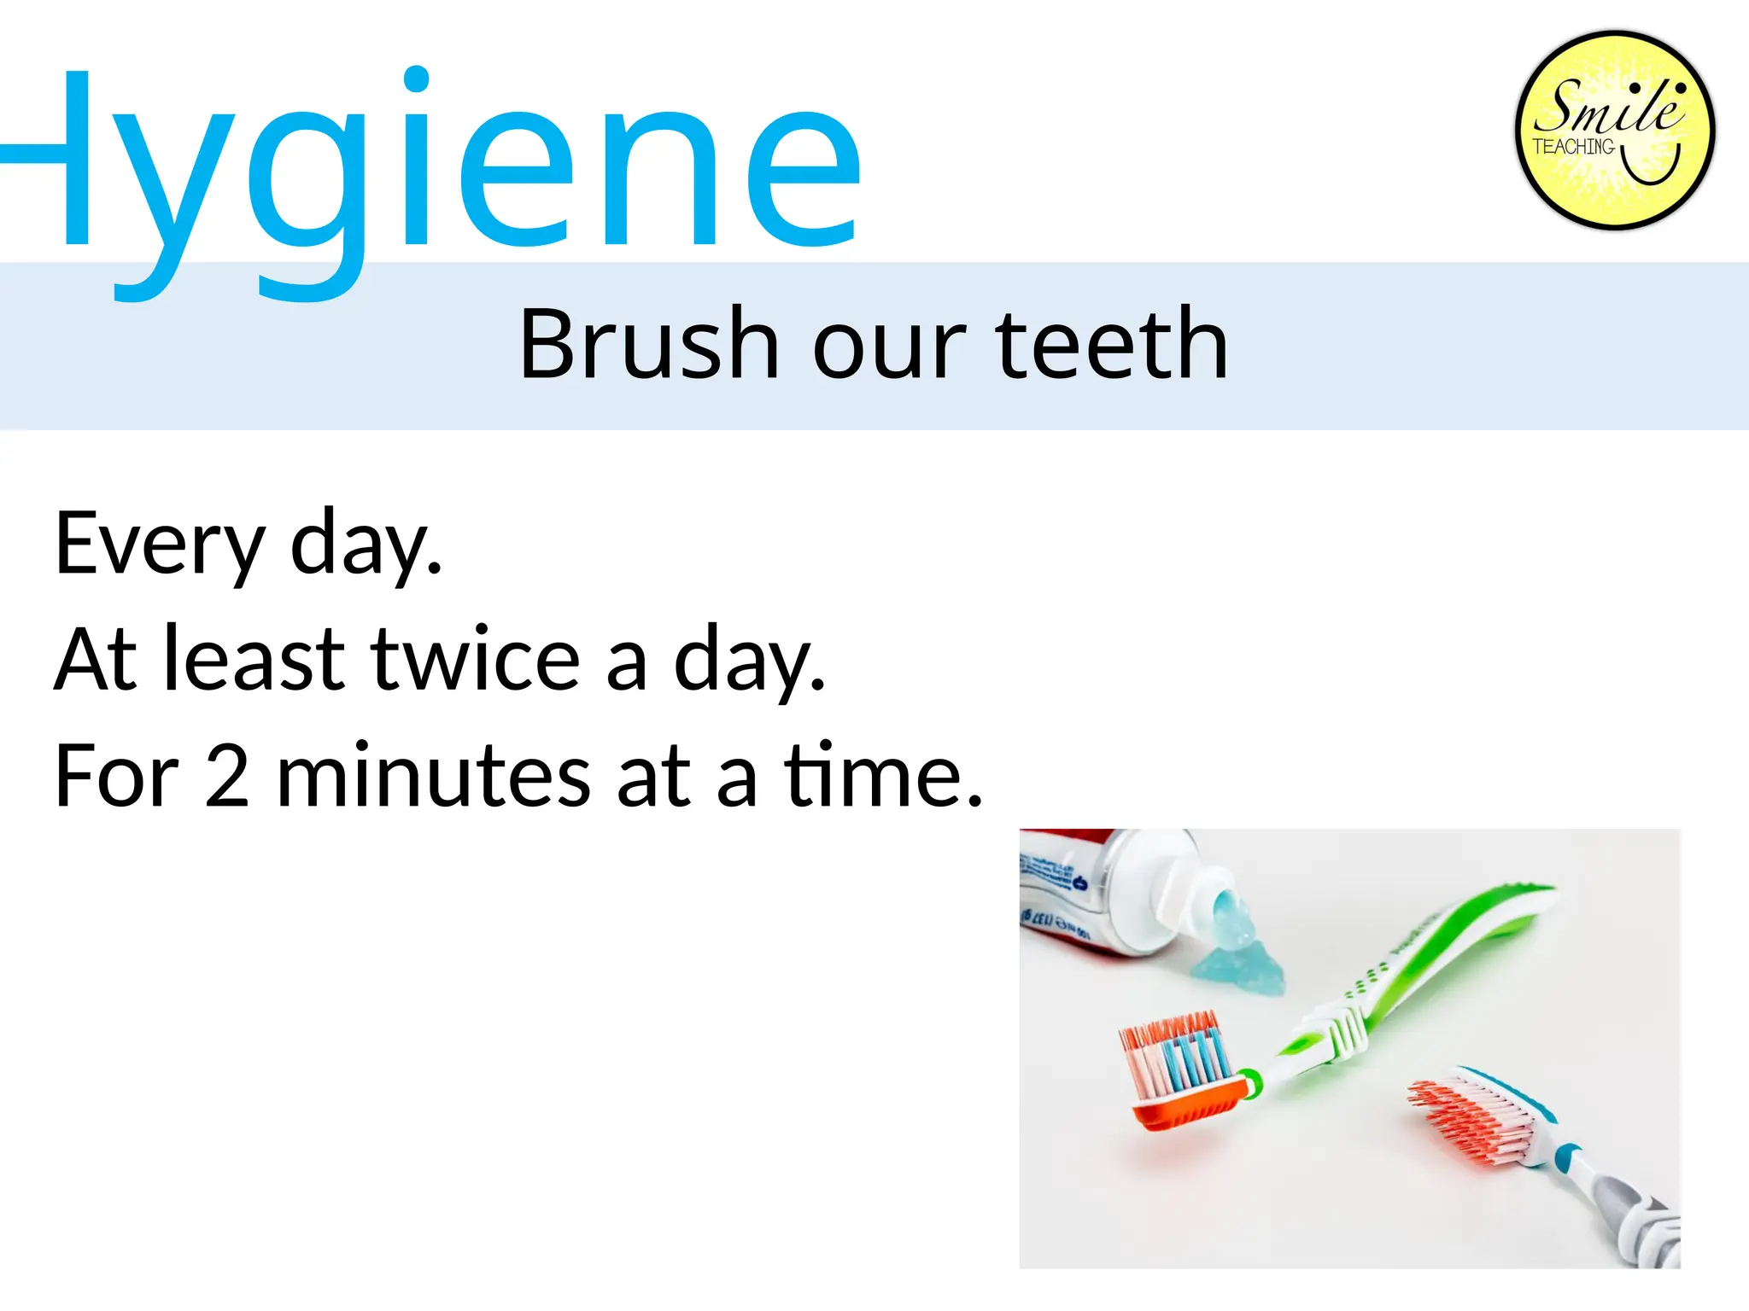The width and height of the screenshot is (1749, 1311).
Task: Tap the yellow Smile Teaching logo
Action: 1614,131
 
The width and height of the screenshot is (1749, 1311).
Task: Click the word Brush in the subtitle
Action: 649,343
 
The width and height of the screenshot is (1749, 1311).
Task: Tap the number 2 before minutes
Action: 227,776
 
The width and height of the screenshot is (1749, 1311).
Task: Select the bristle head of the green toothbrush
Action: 1179,1067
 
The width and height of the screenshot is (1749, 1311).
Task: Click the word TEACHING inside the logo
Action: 1573,147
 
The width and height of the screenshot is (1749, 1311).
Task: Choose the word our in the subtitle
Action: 889,343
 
